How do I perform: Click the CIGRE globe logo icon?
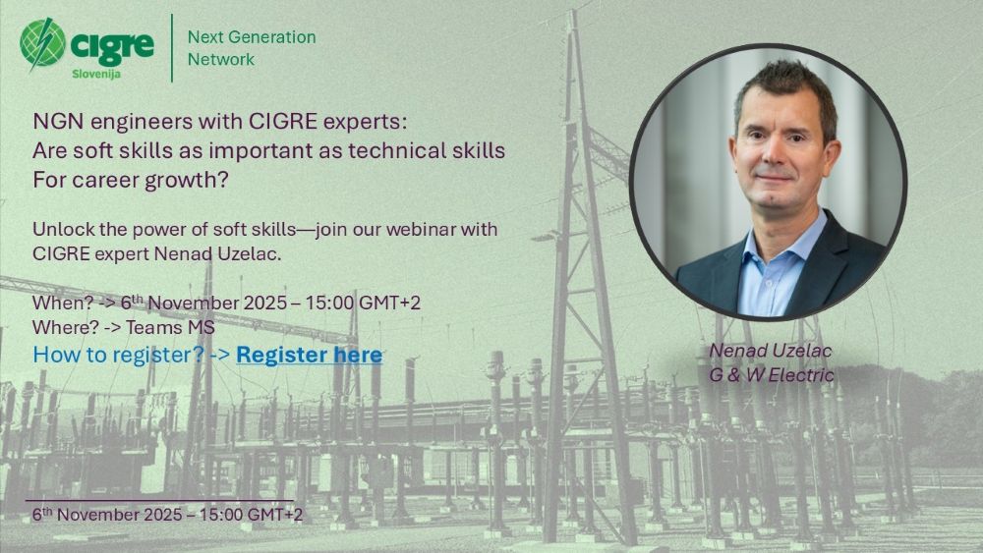pyautogui.click(x=42, y=43)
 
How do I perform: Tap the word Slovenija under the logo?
pyautogui.click(x=96, y=74)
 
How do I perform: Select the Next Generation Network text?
pyautogui.click(x=252, y=48)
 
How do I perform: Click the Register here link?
pyautogui.click(x=309, y=355)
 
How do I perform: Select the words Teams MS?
pyautogui.click(x=170, y=327)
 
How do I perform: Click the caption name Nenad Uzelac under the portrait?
pyautogui.click(x=771, y=351)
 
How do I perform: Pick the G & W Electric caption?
pyautogui.click(x=772, y=375)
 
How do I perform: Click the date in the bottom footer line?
pyautogui.click(x=167, y=515)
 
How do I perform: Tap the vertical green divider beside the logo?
pyautogui.click(x=172, y=48)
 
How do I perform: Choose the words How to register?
pyautogui.click(x=119, y=355)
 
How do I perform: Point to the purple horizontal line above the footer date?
pyautogui.click(x=159, y=500)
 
